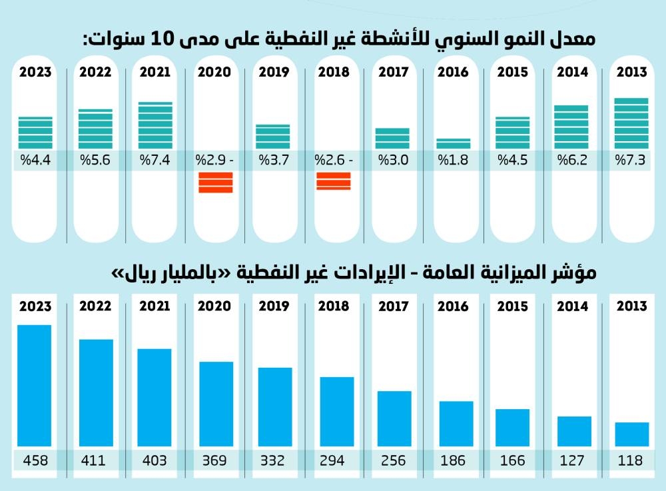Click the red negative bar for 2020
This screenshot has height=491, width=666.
(216, 183)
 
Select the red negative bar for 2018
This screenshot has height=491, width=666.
(333, 181)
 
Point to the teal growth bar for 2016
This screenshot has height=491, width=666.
(454, 143)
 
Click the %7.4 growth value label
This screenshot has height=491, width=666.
(155, 161)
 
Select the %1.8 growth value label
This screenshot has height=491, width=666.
(453, 161)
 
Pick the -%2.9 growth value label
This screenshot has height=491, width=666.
(214, 161)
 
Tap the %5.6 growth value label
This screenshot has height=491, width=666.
(95, 161)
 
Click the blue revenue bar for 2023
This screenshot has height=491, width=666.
(35, 385)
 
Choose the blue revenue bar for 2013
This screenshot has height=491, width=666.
(631, 434)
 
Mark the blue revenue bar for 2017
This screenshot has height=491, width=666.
(394, 418)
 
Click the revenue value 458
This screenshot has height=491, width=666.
(35, 460)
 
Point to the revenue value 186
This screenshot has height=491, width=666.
(453, 460)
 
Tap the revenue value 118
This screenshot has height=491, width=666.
(631, 460)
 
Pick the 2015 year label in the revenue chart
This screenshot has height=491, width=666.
(512, 306)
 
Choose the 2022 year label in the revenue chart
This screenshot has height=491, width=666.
(95, 306)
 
